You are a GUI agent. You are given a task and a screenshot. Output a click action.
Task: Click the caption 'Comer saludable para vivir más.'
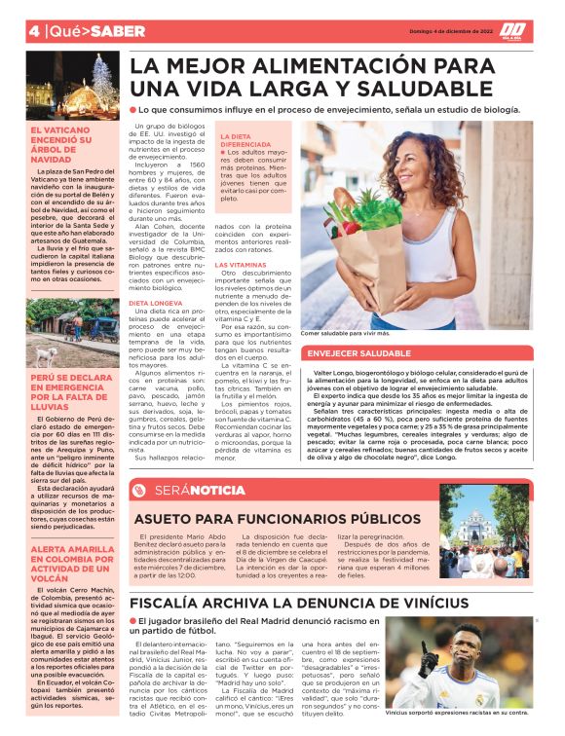(x=344, y=333)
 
